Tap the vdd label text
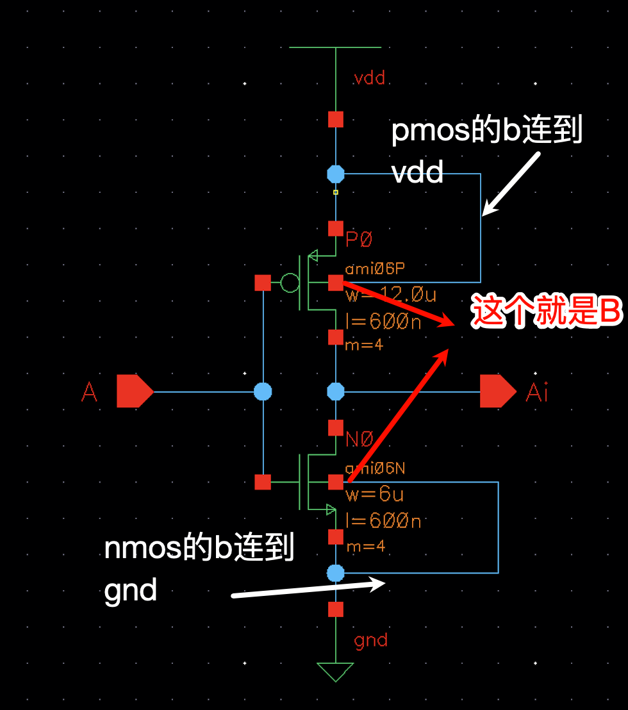click(x=370, y=79)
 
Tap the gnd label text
click(x=370, y=640)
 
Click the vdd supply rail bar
click(x=335, y=47)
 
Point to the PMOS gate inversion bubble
click(x=290, y=283)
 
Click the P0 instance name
click(x=359, y=240)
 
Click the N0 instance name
click(x=359, y=440)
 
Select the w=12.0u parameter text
click(x=391, y=295)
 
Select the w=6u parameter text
click(x=375, y=495)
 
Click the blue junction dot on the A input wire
click(x=263, y=392)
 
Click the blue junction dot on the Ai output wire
click(x=336, y=392)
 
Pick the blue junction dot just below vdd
click(x=336, y=174)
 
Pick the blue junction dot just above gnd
click(x=336, y=573)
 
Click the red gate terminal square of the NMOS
click(x=263, y=482)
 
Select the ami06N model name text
click(x=375, y=468)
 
